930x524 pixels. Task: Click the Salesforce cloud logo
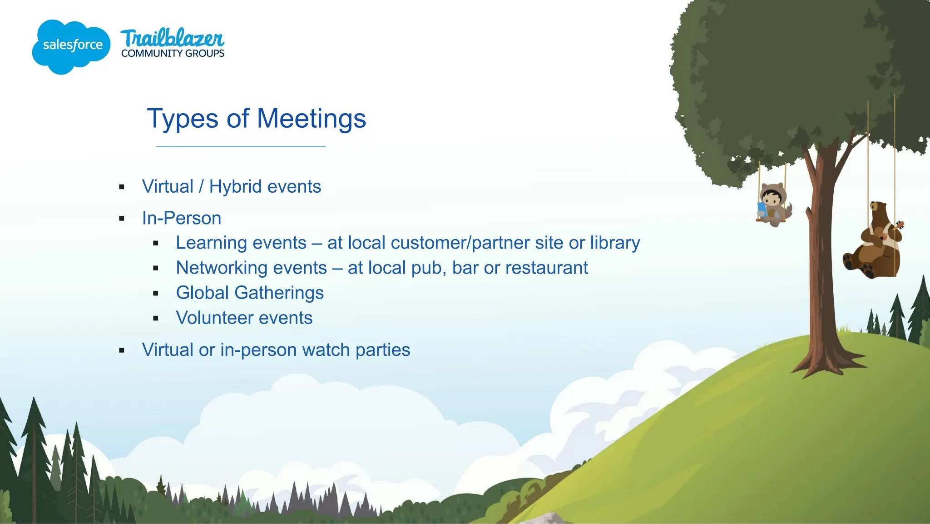pyautogui.click(x=71, y=46)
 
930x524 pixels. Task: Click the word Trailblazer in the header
pyautogui.click(x=173, y=38)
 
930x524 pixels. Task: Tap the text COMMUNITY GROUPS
pyautogui.click(x=173, y=54)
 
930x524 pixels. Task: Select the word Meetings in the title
pyautogui.click(x=311, y=119)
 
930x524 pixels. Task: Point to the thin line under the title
pyautogui.click(x=241, y=147)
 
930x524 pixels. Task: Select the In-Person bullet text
pyautogui.click(x=182, y=218)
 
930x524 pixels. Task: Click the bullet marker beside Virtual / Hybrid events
pyautogui.click(x=122, y=187)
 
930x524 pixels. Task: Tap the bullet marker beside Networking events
pyautogui.click(x=156, y=269)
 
